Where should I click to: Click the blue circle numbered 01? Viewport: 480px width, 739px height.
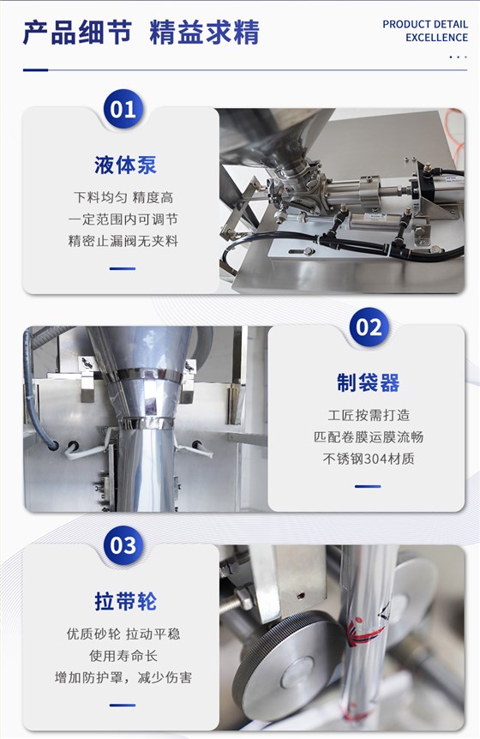pyautogui.click(x=123, y=110)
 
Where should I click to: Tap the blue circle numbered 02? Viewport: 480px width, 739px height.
pyautogui.click(x=369, y=327)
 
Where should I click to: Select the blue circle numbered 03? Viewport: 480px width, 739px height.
pyautogui.click(x=123, y=545)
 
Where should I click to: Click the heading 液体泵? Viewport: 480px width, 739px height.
pyautogui.click(x=125, y=165)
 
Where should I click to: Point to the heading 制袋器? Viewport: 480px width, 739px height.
pyautogui.click(x=368, y=382)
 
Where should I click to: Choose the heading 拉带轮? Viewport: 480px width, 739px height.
pyautogui.click(x=125, y=601)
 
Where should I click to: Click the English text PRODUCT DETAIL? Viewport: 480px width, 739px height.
pyautogui.click(x=425, y=24)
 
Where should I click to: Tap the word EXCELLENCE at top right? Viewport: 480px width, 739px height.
pyautogui.click(x=436, y=38)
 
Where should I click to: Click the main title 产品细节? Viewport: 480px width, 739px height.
pyautogui.click(x=77, y=32)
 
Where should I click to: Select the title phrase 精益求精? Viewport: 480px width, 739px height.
pyautogui.click(x=205, y=32)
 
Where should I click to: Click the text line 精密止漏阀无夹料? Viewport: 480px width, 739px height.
pyautogui.click(x=123, y=241)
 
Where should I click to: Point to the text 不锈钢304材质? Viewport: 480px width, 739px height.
pyautogui.click(x=369, y=459)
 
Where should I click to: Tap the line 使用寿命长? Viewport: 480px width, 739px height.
pyautogui.click(x=123, y=656)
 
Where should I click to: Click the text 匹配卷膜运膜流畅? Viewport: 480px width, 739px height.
pyautogui.click(x=369, y=437)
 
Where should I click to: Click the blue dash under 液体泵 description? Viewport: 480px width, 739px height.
pyautogui.click(x=123, y=268)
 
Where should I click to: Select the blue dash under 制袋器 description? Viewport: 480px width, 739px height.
pyautogui.click(x=368, y=486)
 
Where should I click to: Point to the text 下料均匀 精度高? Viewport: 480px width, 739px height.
pyautogui.click(x=123, y=197)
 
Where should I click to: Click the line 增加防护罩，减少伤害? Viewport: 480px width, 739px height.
pyautogui.click(x=123, y=678)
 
